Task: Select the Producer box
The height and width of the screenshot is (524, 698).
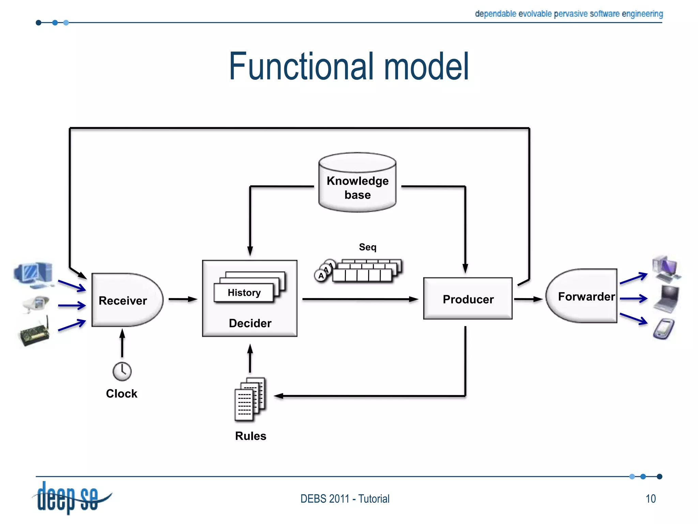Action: click(468, 299)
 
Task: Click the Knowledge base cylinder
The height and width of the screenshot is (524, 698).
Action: click(357, 183)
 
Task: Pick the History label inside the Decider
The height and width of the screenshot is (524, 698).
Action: click(244, 293)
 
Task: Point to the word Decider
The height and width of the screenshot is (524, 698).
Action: click(250, 323)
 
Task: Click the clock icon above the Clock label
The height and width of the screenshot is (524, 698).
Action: click(122, 371)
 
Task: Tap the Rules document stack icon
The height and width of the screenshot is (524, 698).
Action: click(250, 399)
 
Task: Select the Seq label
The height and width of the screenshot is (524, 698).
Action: click(367, 247)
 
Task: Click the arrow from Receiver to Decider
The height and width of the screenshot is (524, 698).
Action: click(183, 299)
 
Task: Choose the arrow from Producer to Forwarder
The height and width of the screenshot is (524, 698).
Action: click(528, 299)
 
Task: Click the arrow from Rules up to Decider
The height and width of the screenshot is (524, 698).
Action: click(250, 358)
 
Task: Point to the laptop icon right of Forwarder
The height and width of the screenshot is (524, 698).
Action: click(667, 299)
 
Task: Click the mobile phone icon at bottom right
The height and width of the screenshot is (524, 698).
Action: click(664, 329)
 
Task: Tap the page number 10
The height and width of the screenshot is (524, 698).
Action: click(650, 499)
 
